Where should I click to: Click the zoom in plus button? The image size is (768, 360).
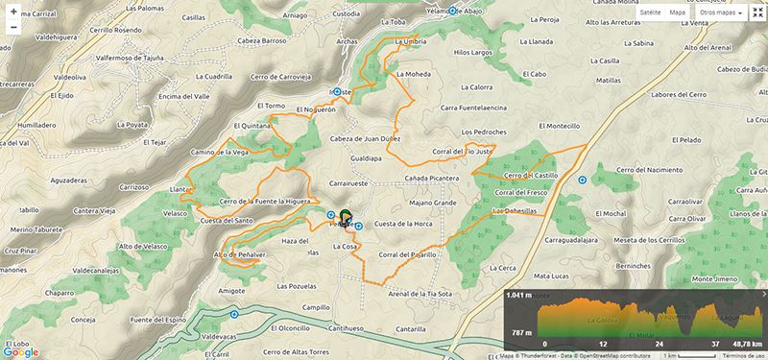pos(12,12)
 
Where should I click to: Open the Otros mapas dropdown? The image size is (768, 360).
pos(723,13)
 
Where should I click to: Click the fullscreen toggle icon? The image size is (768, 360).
pos(756,13)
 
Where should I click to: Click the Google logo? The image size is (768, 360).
pos(20,351)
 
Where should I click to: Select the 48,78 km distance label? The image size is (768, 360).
pos(745,343)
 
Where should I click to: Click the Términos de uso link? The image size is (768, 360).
pos(742,355)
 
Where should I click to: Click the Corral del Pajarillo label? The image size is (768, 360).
pos(408,254)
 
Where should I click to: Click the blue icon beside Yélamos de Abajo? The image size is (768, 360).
pos(452,13)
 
